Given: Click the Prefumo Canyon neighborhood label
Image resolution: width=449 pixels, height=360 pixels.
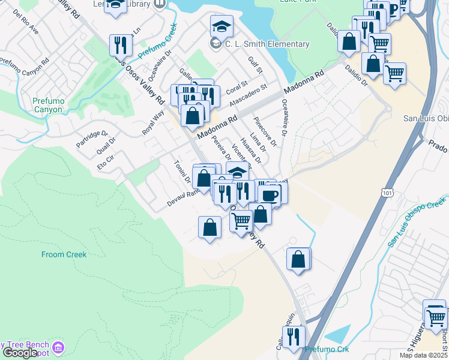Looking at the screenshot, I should pos(47,106).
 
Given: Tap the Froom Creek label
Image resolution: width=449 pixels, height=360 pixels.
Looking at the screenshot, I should pos(64,254).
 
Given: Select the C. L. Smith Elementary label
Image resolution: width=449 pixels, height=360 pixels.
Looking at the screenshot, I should pos(267,44).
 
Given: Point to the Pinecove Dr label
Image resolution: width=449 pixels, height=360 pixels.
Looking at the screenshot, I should pos(265,131).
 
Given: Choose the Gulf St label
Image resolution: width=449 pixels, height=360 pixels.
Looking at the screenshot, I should pos(256,65).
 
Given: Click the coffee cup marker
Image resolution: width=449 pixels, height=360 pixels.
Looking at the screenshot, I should pos(269,194).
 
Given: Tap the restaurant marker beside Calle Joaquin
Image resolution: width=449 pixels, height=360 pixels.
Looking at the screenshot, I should pos(294,337).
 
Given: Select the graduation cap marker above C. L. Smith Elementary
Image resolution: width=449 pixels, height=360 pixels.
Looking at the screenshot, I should pos(221,26).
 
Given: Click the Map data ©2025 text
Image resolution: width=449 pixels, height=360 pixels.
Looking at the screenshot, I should pos(423,355).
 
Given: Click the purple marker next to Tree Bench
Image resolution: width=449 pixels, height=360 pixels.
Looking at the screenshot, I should pos(58,347).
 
